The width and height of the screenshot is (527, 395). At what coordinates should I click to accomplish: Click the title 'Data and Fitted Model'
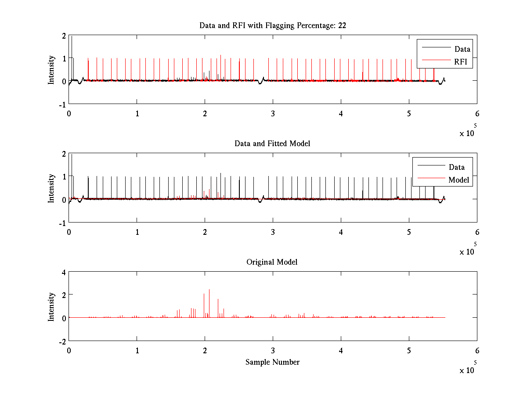(x=272, y=144)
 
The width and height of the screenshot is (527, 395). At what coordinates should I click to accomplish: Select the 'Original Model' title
(x=272, y=262)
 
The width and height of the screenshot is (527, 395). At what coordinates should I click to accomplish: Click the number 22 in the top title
(x=342, y=25)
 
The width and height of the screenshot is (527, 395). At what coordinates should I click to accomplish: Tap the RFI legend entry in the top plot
(x=463, y=62)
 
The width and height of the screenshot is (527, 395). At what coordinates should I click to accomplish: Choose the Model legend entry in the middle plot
(x=458, y=180)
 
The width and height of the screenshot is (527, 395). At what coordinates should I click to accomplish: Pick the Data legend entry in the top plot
(x=462, y=49)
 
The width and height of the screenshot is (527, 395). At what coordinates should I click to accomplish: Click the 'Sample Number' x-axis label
(x=272, y=362)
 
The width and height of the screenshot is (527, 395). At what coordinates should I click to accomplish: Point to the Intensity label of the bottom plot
(x=52, y=306)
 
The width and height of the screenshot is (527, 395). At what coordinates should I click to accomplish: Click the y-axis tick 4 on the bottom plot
(x=64, y=272)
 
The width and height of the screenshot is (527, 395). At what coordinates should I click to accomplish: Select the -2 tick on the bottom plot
(x=62, y=341)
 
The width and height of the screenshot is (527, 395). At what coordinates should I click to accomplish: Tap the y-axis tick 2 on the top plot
(x=64, y=36)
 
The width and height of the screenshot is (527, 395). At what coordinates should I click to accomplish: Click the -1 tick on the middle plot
(x=62, y=223)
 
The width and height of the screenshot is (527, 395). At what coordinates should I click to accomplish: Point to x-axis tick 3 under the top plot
(x=273, y=114)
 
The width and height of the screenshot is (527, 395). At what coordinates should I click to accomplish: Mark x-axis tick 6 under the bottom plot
(x=477, y=351)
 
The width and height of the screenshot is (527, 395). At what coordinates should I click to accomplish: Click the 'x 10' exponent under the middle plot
(x=467, y=252)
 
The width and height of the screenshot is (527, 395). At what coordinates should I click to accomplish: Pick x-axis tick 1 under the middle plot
(x=137, y=232)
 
